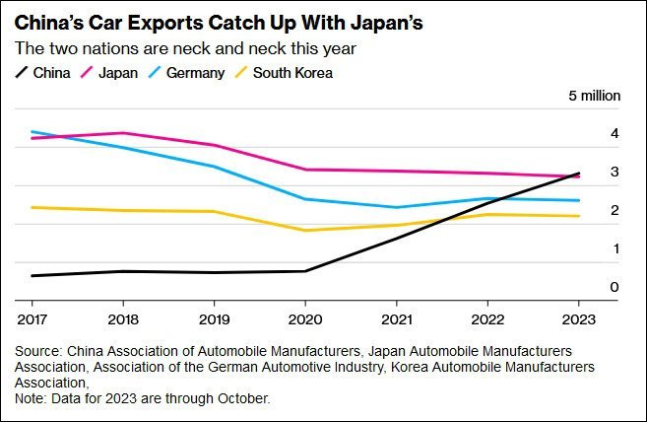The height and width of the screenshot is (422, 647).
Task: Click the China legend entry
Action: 43,72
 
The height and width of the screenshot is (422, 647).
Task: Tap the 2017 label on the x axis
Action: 32,319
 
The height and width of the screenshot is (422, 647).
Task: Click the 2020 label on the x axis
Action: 305,319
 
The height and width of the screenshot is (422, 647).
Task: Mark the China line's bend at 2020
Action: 305,271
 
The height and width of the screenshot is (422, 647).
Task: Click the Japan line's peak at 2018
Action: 123,133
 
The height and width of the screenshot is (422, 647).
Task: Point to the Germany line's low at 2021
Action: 396,207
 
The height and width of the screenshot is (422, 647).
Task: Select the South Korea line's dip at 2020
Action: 305,231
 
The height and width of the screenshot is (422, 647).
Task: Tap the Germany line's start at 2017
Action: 32,131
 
